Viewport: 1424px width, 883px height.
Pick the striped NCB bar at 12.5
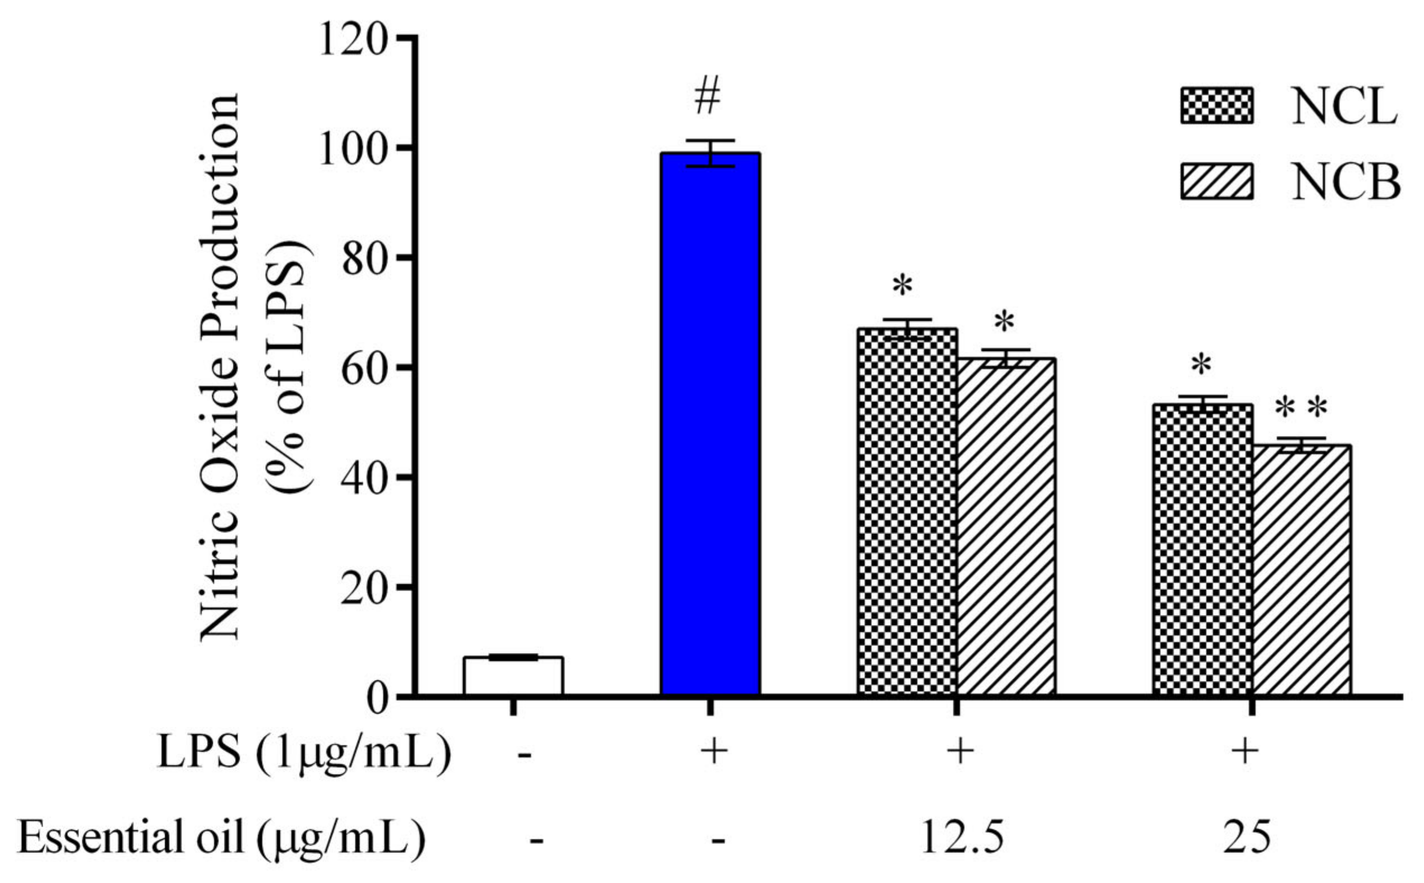pyautogui.click(x=1005, y=525)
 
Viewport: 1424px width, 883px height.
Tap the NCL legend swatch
pyautogui.click(x=1216, y=106)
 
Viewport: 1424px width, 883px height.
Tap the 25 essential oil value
pyautogui.click(x=1245, y=839)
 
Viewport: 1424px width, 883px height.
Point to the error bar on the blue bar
pyautogui.click(x=710, y=153)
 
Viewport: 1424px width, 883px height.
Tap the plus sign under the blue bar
pyautogui.click(x=710, y=753)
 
